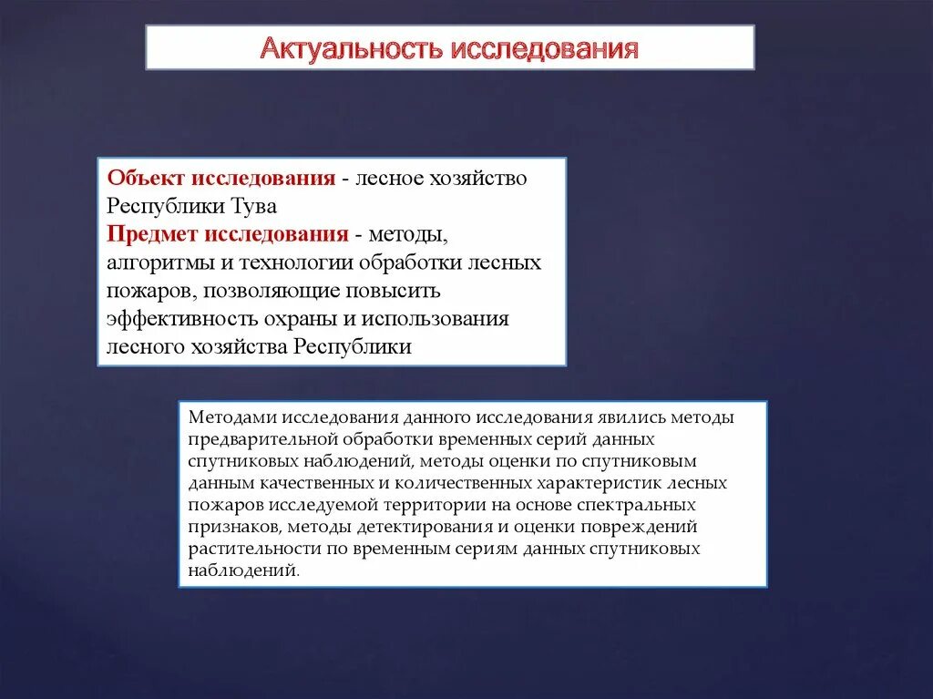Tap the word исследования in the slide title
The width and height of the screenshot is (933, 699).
[542, 47]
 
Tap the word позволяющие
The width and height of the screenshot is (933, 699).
[272, 291]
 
